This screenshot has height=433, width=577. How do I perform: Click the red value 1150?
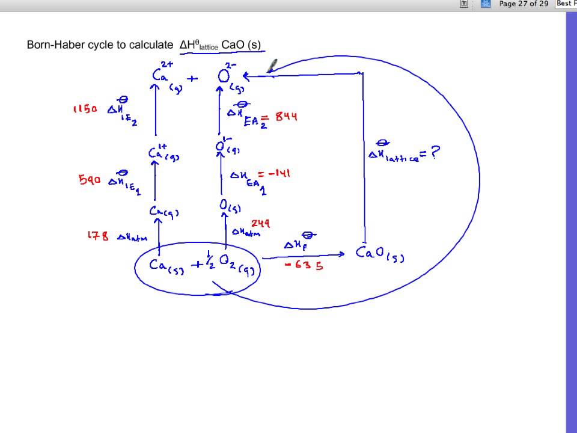85,109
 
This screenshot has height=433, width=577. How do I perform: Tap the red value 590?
89,179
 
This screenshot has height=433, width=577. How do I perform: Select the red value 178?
98,236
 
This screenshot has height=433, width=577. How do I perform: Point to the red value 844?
286,116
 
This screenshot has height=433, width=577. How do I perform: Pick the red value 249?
260,224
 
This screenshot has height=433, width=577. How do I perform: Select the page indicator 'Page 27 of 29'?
524,4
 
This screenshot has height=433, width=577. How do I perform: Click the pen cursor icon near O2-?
272,66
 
